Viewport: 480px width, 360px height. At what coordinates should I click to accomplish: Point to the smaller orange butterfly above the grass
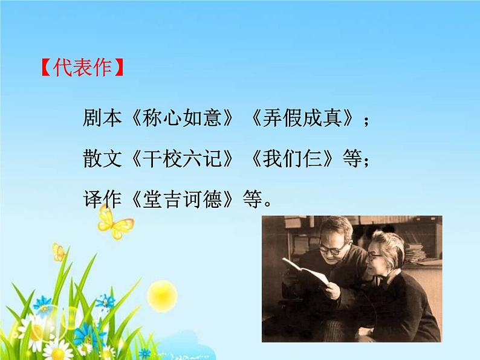[59, 251]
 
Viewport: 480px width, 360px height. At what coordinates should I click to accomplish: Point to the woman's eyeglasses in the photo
[376, 256]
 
